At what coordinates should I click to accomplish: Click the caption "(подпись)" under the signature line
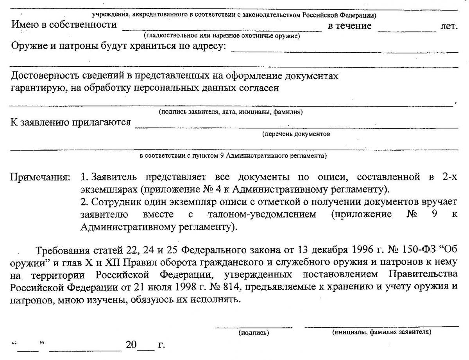pyautogui.click(x=253, y=333)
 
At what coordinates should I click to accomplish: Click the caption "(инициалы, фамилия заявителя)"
pyautogui.click(x=381, y=333)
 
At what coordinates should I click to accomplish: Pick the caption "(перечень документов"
pyautogui.click(x=296, y=134)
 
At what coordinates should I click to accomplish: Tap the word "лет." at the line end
pyautogui.click(x=449, y=26)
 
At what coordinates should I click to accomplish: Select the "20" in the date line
pyautogui.click(x=131, y=346)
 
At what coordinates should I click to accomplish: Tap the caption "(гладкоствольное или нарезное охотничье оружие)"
pyautogui.click(x=222, y=36)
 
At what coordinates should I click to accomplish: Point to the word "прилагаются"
pyautogui.click(x=102, y=122)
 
